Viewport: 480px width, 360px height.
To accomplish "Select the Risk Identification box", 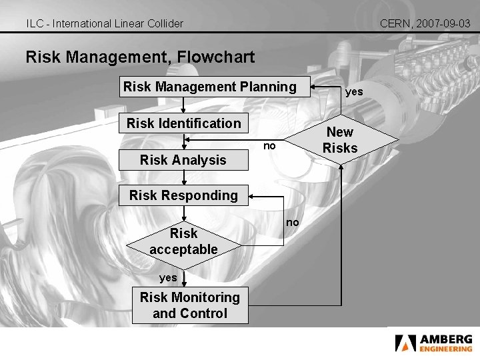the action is tap(183, 123).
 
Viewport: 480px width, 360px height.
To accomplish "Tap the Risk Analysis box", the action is tap(183, 160).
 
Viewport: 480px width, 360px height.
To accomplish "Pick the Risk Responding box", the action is tap(183, 195).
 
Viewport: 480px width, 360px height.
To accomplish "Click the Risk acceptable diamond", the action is tap(183, 241).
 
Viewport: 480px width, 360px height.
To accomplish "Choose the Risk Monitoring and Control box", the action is tap(190, 305).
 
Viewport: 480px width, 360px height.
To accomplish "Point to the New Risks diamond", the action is tap(340, 140).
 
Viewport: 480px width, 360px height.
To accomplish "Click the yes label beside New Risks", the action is tap(354, 92).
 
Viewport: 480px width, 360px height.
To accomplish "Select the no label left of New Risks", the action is tap(268, 145).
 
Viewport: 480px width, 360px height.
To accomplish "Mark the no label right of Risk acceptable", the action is tap(293, 222).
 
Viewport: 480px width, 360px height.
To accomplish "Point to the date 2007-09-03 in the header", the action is tap(444, 23).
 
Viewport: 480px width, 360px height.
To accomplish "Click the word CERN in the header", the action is tap(395, 23).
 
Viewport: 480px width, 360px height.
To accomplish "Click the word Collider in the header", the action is tap(164, 23).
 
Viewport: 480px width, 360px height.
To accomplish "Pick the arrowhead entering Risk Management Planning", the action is tap(316, 87).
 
